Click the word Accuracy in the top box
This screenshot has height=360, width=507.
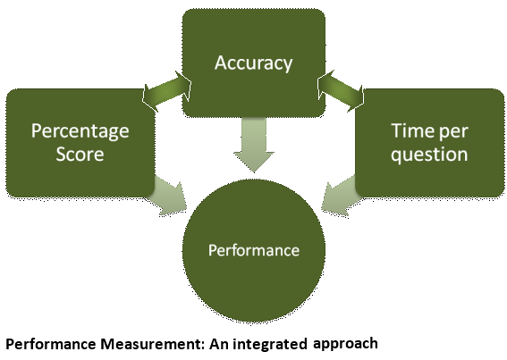tap(254, 63)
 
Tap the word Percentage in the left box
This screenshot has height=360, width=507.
tap(80, 132)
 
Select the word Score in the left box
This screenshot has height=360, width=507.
tap(80, 155)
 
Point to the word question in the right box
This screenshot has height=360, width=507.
tap(429, 155)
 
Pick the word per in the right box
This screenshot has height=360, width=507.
tap(454, 132)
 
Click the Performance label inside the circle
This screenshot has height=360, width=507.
tap(254, 250)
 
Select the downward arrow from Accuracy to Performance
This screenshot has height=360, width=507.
tap(254, 145)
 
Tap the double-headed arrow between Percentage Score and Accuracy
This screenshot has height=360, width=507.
tap(166, 91)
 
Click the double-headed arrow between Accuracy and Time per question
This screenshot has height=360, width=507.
tap(341, 91)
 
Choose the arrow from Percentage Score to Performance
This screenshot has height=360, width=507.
tap(170, 197)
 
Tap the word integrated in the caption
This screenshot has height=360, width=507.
tap(270, 345)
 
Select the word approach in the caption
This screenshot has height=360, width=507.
tap(345, 344)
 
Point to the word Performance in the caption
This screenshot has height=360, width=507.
tap(51, 344)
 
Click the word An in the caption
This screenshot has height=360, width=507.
tap(219, 344)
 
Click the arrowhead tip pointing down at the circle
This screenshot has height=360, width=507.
tap(254, 172)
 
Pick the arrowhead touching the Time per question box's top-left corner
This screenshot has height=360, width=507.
tap(357, 98)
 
